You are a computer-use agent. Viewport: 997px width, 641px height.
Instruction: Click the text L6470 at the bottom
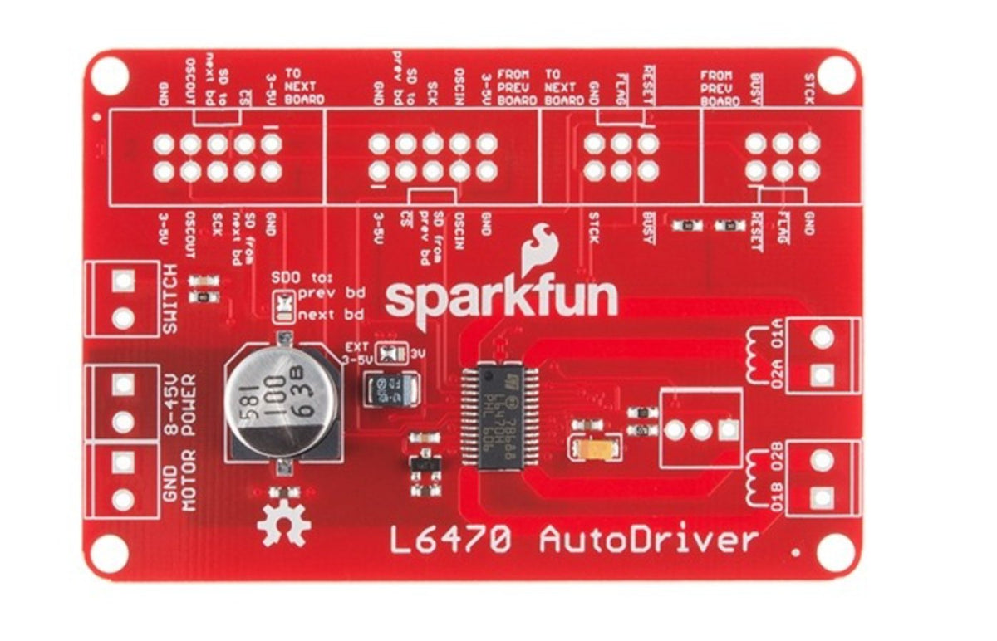coord(453,541)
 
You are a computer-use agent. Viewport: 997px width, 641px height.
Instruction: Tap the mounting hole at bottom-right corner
coord(834,552)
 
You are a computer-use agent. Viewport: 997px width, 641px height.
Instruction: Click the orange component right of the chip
coord(594,450)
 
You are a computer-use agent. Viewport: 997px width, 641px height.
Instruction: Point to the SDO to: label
coord(302,277)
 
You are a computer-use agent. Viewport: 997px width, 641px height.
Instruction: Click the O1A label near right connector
coord(776,340)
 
